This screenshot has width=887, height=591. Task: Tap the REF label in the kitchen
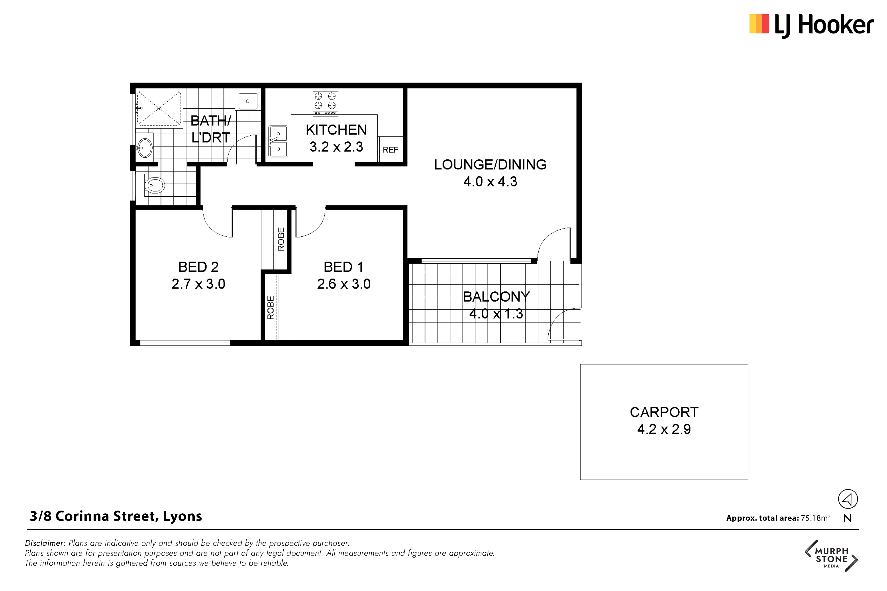tap(390, 150)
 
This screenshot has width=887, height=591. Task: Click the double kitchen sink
tap(278, 141)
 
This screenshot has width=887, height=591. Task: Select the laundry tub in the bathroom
tap(248, 101)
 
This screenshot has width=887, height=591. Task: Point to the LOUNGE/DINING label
tap(490, 165)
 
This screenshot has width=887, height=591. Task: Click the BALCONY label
tap(496, 297)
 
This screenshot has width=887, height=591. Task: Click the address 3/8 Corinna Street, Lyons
tap(116, 516)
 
